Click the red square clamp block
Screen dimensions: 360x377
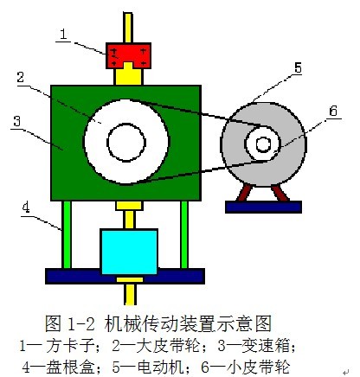click(128, 55)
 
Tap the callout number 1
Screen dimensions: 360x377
click(63, 35)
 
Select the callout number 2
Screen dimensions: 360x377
click(20, 77)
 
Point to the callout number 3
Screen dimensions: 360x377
click(17, 121)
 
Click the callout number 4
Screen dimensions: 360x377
click(26, 208)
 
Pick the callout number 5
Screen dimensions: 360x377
click(298, 68)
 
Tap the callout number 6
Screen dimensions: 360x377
click(333, 111)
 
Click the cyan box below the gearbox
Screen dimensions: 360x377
click(129, 252)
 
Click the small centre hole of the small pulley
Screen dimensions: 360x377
click(263, 144)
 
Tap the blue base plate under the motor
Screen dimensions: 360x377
click(263, 207)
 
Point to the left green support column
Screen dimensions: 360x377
click(67, 234)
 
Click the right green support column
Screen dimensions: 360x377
click(184, 234)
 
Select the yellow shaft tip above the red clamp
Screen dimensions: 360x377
click(128, 28)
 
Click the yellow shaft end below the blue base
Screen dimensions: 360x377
click(130, 294)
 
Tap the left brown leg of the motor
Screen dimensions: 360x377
click(245, 193)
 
